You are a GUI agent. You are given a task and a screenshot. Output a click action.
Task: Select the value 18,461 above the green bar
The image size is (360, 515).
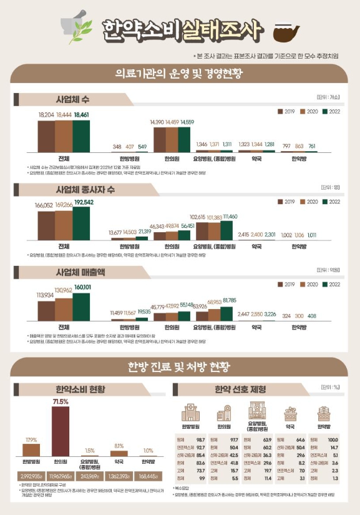click(81, 115)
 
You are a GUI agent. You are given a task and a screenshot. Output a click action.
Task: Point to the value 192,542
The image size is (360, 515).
click(83, 202)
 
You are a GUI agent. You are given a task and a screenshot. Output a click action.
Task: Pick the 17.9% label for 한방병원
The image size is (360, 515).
click(31, 439)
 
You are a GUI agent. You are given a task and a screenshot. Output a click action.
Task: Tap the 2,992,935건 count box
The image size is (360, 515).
click(31, 475)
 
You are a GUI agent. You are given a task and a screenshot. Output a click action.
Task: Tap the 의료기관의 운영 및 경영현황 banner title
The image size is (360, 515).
click(180, 74)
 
